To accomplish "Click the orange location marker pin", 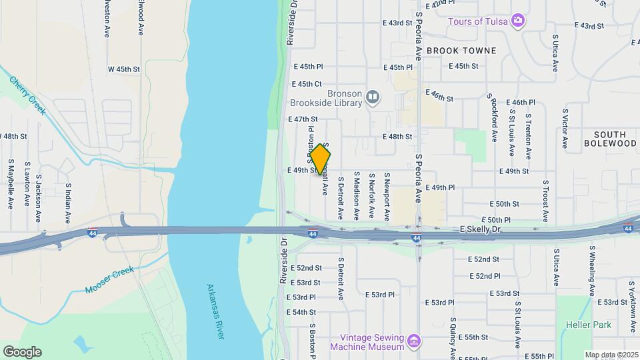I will tap(320, 159).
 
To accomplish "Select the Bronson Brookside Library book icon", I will tap(373, 98).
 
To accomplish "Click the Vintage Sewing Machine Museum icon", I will tap(415, 341).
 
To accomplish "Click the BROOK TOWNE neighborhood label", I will tap(461, 51).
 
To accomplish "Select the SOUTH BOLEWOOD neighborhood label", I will tap(610, 139).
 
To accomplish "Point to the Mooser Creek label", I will tap(110, 280).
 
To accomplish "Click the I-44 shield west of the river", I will tap(92, 233).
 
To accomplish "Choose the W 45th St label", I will tap(125, 69).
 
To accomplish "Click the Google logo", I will tap(22, 352).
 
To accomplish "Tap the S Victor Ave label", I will tap(565, 129).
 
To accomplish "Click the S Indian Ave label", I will tap(68, 203).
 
